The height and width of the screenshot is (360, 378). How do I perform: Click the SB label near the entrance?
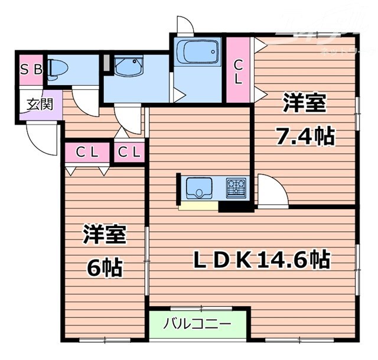click(32, 69)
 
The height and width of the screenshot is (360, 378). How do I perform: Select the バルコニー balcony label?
click(196, 324)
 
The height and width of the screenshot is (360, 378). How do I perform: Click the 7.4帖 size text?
click(305, 137)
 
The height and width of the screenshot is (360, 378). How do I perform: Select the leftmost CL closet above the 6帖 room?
click(87, 152)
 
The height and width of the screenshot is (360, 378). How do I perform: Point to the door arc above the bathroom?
click(184, 25)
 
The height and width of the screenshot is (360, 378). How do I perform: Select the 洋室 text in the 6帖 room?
click(104, 235)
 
